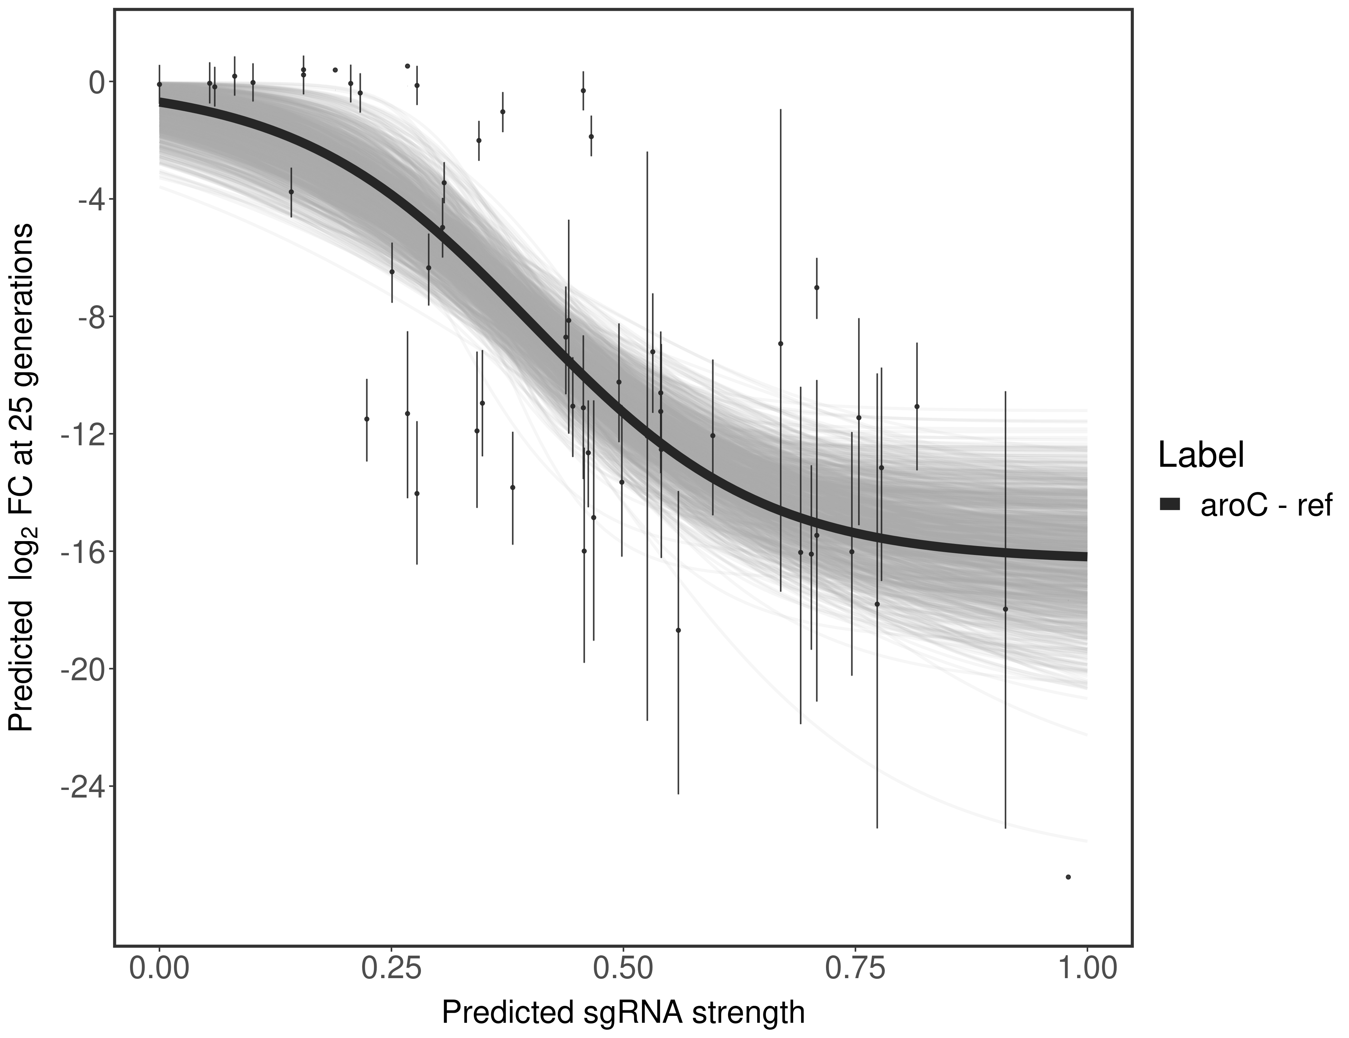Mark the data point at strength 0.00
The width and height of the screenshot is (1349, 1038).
click(x=159, y=84)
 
